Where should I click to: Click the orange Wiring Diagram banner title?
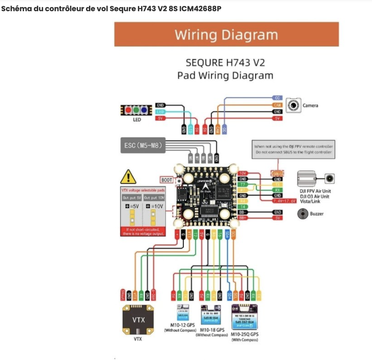[226, 35]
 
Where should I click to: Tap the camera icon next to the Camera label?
[293, 105]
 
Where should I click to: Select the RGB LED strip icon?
[136, 110]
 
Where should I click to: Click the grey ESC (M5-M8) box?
[143, 146]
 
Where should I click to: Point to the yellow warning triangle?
[128, 177]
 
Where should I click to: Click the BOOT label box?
[167, 180]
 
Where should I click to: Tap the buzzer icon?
[303, 214]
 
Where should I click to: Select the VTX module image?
[138, 320]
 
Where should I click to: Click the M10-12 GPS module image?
[183, 313]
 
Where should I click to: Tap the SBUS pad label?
[277, 174]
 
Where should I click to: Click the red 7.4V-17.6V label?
[284, 201]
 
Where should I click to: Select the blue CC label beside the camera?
[277, 98]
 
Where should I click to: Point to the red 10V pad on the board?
[243, 174]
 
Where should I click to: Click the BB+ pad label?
[242, 218]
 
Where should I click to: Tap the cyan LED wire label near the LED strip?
[160, 112]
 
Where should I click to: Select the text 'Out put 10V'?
[154, 198]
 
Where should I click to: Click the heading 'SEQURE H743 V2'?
[225, 63]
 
